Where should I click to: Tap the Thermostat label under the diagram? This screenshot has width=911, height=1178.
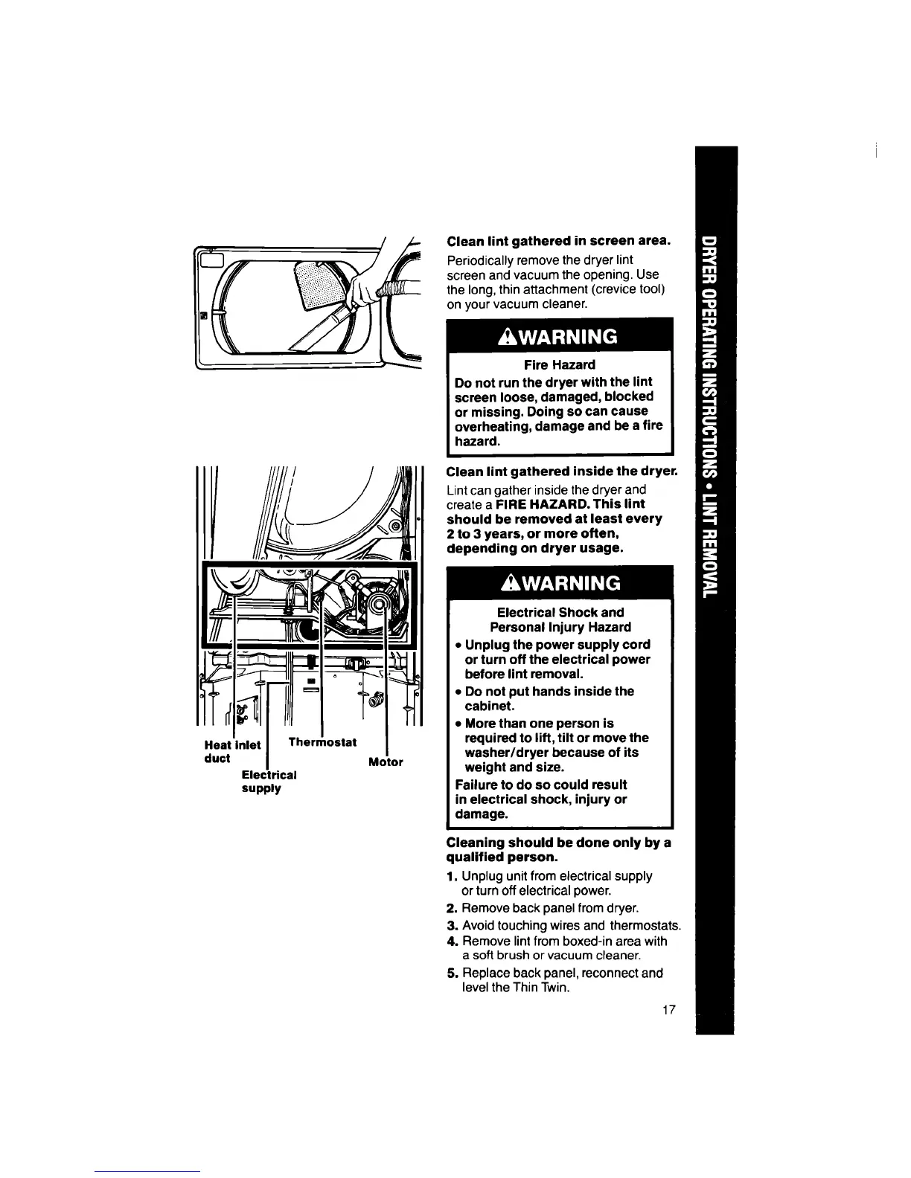point(322,742)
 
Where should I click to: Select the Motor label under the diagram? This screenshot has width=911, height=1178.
point(386,762)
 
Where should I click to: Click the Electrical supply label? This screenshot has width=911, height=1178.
point(269,781)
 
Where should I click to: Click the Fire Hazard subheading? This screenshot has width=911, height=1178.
point(559,364)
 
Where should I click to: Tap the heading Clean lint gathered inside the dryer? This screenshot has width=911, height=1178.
point(561,471)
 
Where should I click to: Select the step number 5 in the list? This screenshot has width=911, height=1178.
point(451,973)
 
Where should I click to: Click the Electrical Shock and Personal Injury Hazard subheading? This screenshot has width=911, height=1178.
point(560,619)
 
